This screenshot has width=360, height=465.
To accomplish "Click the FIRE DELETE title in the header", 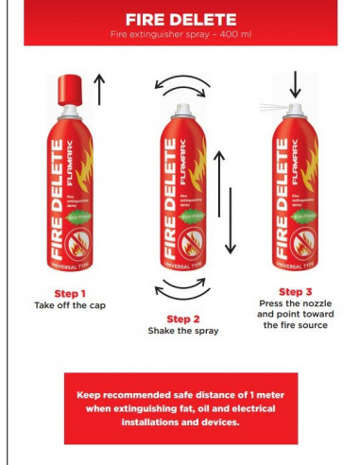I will click(179, 19).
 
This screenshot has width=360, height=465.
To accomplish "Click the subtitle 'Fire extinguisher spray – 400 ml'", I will click(179, 35).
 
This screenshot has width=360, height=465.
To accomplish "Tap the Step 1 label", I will click(70, 293).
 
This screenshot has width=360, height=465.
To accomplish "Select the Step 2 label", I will click(183, 318).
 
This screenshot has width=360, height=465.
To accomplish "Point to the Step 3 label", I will click(294, 292).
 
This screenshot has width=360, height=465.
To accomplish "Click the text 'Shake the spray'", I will click(183, 332).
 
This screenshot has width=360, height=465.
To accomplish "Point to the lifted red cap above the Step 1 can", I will click(69, 88).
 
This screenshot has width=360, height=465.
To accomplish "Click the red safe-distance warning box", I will click(180, 407).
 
